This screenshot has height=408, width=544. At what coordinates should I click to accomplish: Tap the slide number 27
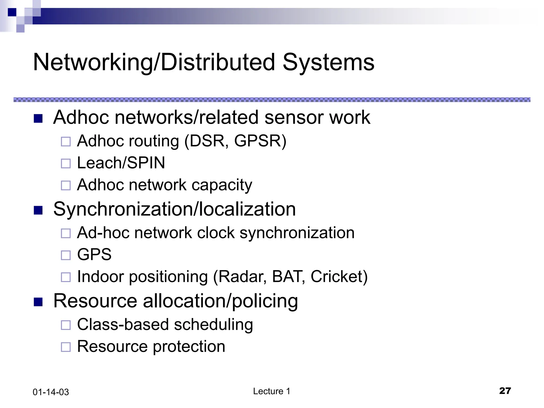pos(505,391)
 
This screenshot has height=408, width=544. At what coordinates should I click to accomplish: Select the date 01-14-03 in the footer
pos(51,392)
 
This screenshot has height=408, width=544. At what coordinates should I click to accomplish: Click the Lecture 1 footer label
pos(271,391)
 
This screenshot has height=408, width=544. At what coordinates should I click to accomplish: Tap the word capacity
pos(222,185)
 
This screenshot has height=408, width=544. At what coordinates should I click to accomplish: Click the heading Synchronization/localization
pos(174,209)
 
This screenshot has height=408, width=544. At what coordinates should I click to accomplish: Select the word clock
pos(216,233)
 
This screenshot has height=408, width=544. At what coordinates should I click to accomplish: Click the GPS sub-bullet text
pos(94,254)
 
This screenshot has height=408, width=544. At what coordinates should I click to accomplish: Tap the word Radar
pos(243,277)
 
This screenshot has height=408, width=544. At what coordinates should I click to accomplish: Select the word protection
pos(189,347)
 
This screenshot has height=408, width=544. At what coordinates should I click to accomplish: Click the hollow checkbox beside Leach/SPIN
pos(66,163)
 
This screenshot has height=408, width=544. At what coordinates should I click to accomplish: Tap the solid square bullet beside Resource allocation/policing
pos(38,302)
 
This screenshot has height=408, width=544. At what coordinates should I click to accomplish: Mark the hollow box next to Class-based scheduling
pos(66,325)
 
